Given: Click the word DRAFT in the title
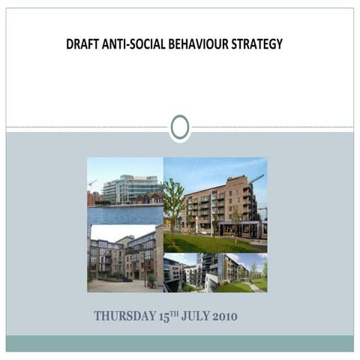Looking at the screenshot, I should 82,44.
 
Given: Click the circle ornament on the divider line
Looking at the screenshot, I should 180,127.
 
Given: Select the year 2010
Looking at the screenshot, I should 225,316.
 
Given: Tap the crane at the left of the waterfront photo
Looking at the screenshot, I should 92,183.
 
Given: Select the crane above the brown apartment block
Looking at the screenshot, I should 256,180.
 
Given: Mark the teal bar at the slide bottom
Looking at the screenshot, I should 180,343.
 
